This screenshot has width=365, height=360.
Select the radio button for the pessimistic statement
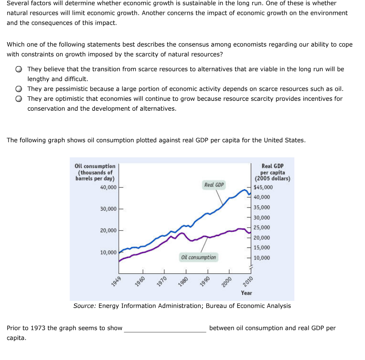pos(19,89)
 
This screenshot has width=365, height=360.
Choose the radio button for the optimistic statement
pos(19,99)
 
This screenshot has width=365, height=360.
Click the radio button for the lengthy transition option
pos(19,69)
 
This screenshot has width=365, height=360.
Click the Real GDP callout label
pos(214,185)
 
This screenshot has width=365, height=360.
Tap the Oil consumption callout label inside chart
pos(198,257)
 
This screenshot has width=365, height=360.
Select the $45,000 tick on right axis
pos(263,187)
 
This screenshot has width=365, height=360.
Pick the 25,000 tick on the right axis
pos(262,228)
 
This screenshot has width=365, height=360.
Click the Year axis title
pos(246,293)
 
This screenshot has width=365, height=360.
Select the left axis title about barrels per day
pos(95,172)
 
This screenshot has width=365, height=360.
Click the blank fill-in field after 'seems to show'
pos(165,328)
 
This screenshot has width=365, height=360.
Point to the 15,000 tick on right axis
pos(262,248)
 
